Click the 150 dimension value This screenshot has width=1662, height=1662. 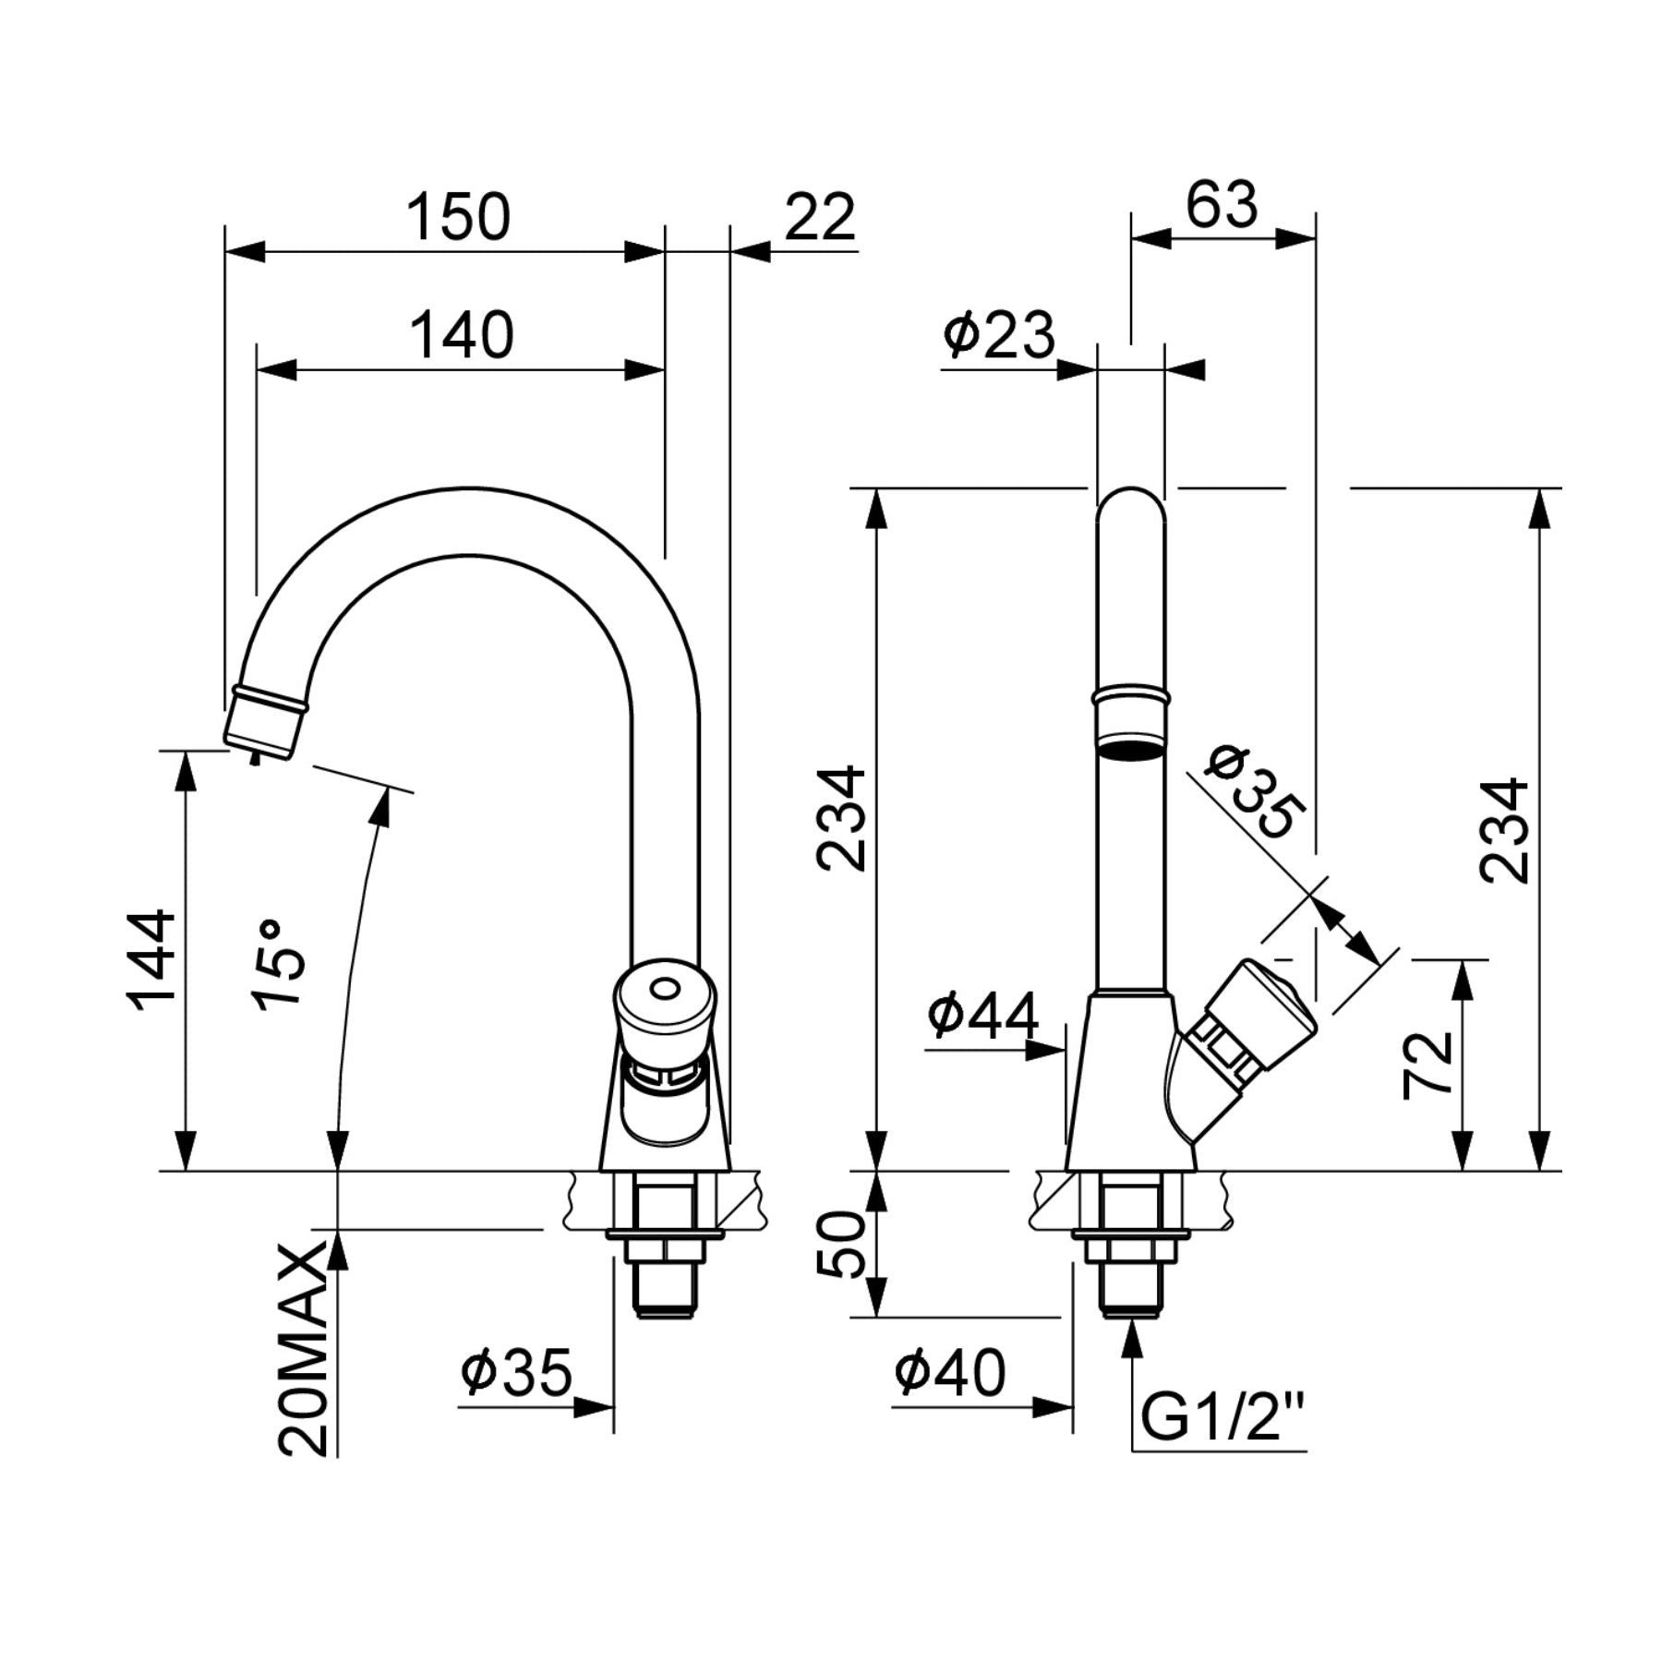coord(459,217)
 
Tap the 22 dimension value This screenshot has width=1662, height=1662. coord(821,218)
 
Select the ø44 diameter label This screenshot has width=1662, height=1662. coord(983,1015)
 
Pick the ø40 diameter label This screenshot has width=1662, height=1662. coord(949,1372)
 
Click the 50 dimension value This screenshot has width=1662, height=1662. coord(840,1244)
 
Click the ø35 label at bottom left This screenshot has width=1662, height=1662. coord(517,1372)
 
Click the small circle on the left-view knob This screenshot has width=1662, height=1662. coord(662,991)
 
